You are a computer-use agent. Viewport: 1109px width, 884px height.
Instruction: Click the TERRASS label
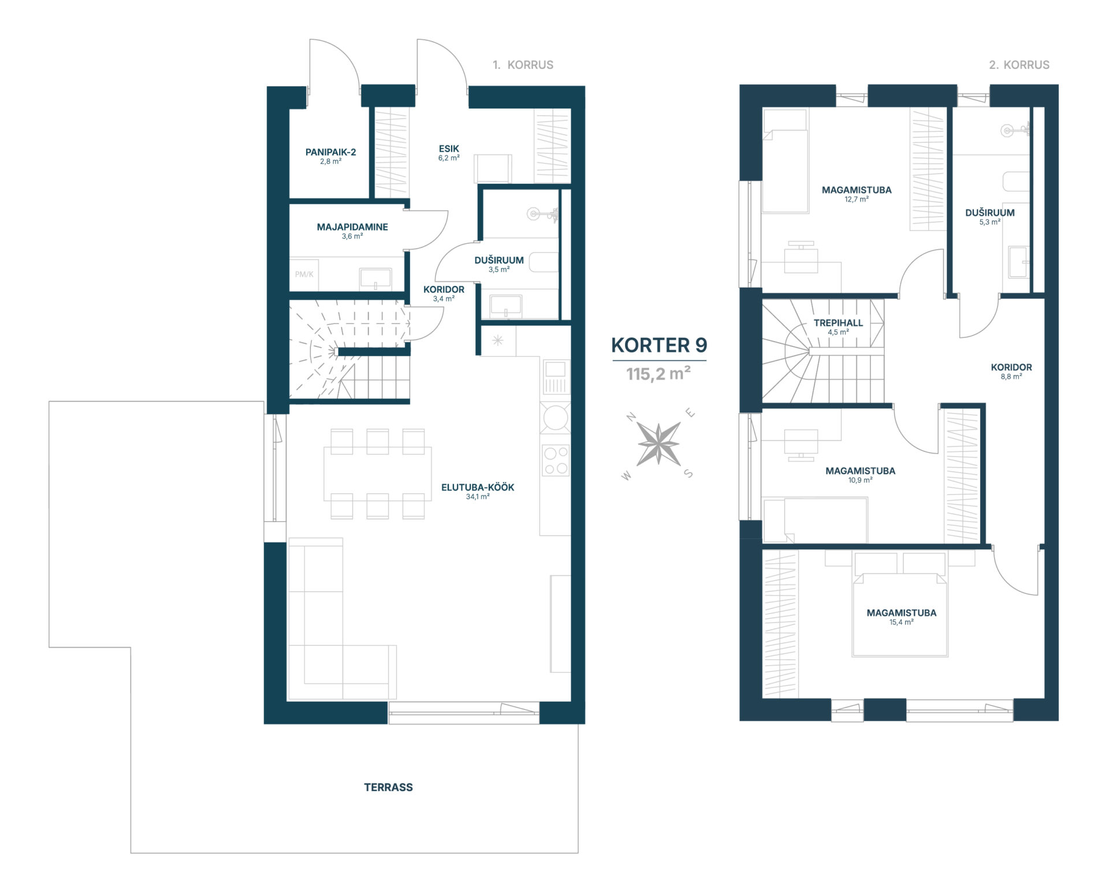click(388, 787)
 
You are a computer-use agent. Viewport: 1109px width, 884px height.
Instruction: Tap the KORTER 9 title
click(659, 345)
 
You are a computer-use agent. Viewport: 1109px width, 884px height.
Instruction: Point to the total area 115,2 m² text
click(658, 374)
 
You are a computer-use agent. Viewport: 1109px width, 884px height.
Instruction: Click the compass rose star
click(658, 444)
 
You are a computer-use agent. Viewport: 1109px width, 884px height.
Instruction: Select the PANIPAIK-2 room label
click(330, 152)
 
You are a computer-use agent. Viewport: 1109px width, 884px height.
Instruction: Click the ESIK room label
click(449, 148)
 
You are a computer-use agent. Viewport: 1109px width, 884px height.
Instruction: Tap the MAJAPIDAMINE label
click(352, 227)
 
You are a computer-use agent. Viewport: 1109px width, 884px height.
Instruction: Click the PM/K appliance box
click(304, 274)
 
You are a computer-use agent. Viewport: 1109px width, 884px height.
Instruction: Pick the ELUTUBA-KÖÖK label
click(478, 487)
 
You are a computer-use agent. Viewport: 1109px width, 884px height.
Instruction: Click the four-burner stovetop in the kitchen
click(556, 460)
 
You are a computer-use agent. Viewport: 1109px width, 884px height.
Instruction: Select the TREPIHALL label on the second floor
click(838, 323)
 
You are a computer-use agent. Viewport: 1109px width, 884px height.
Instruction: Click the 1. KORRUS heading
click(523, 65)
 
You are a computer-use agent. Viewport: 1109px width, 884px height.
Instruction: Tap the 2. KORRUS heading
click(1019, 65)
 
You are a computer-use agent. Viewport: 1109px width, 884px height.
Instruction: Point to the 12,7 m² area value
click(857, 199)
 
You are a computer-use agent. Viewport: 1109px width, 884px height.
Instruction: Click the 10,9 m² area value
click(860, 480)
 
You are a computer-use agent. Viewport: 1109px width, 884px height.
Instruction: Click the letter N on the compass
click(631, 417)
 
